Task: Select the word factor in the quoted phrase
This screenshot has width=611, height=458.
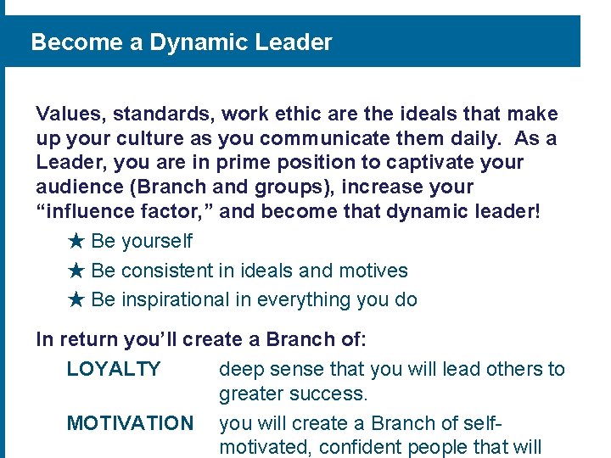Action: tap(177, 211)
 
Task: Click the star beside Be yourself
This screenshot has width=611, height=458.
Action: tap(76, 241)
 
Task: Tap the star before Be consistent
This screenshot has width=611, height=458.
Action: tap(76, 271)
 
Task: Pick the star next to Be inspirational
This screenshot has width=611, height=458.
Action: tap(76, 299)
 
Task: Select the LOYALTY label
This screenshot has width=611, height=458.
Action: tap(114, 369)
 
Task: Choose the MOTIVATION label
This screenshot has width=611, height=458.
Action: tap(130, 422)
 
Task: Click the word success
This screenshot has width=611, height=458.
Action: tap(333, 394)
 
